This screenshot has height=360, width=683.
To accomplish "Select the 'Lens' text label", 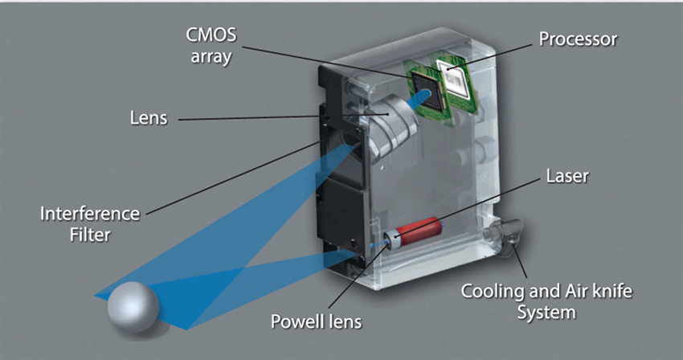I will click(149, 118).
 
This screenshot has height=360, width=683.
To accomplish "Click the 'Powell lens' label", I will click(315, 322).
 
